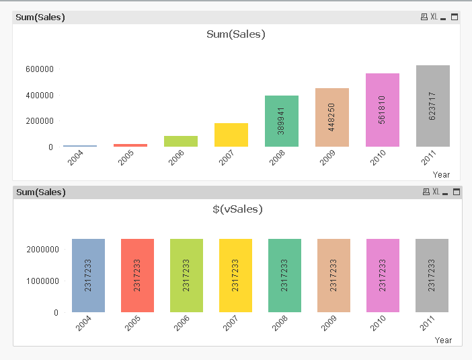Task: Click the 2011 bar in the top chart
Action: (x=432, y=106)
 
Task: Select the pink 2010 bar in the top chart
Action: (x=382, y=110)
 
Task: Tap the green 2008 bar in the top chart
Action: (x=281, y=121)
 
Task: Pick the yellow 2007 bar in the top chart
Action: (x=231, y=135)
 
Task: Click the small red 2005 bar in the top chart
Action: (x=130, y=145)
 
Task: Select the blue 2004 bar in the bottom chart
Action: (x=88, y=275)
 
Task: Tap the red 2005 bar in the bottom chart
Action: (x=137, y=275)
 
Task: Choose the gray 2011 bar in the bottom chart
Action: (x=432, y=275)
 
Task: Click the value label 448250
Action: (x=331, y=117)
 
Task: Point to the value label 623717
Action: (x=432, y=106)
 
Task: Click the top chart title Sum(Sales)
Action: (x=235, y=34)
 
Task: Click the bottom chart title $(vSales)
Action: (x=237, y=209)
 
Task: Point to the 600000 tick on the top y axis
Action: (x=40, y=69)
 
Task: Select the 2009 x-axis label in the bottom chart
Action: (x=329, y=324)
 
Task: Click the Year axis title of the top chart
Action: (x=441, y=174)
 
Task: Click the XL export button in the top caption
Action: (x=434, y=17)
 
